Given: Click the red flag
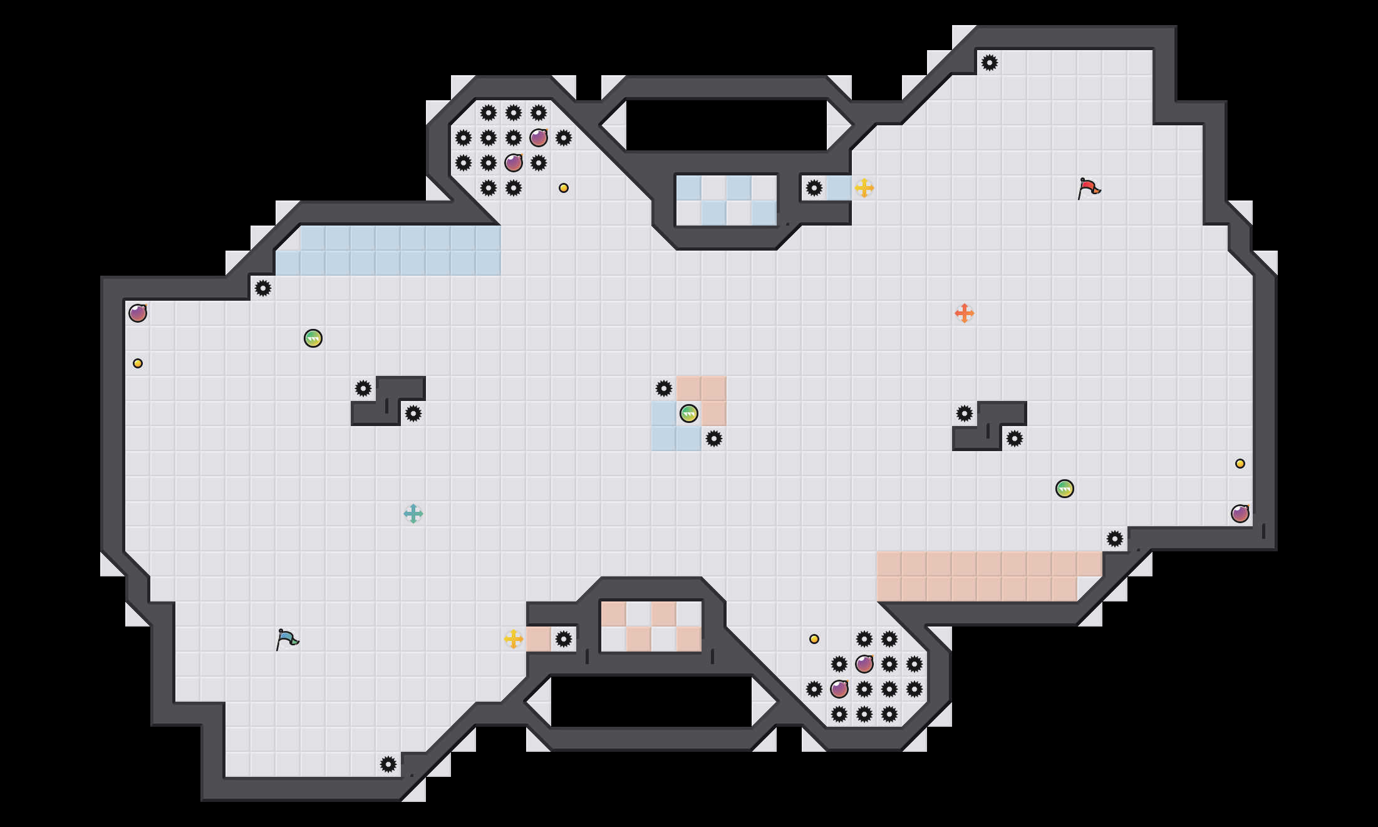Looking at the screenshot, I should point(1089,188).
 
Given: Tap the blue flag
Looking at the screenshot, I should point(287,639).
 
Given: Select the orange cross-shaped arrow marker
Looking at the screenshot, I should point(965,313).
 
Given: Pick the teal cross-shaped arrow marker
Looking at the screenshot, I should point(413,514).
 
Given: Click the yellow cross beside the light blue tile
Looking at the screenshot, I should point(864,188).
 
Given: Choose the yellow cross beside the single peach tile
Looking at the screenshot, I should point(514,639).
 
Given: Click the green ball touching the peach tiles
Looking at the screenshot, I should point(689,413).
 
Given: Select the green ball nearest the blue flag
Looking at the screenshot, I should point(313,338).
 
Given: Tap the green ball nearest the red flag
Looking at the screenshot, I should point(1065,489).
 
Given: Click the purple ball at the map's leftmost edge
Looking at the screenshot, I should point(138,313).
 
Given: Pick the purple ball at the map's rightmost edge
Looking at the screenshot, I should point(1240,514).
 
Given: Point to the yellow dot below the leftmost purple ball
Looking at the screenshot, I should point(138,363).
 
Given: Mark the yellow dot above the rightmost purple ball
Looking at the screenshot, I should point(1240,464).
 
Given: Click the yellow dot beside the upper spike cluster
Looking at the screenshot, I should point(564,188).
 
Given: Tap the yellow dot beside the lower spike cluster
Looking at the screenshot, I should point(814,639).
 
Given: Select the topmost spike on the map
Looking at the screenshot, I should point(990,63).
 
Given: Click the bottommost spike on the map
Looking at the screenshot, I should point(388,764).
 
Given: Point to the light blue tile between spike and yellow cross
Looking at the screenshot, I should point(839,188).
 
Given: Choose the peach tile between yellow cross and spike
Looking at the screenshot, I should point(539,639).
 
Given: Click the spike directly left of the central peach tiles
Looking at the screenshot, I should point(664,388).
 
